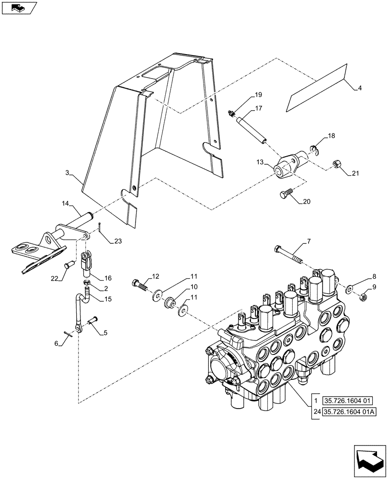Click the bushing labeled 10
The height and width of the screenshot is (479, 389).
[169, 303]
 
